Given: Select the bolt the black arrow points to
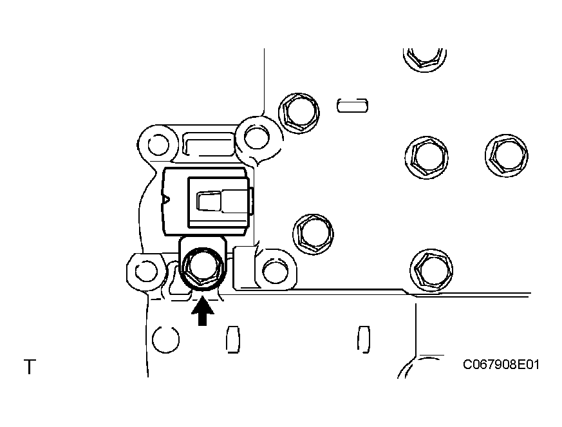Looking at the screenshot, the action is [203, 268].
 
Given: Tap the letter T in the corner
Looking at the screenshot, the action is [30, 366].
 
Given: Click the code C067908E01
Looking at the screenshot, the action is [501, 365].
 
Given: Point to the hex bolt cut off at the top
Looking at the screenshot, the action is [425, 57].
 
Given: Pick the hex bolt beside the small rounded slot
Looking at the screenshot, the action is [299, 113].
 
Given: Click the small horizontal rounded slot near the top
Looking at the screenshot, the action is [352, 105].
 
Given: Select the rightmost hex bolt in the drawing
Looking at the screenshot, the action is [507, 156].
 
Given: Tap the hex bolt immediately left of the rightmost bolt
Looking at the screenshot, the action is [427, 157].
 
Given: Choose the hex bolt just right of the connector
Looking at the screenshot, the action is [314, 234].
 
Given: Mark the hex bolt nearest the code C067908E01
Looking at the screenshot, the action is [431, 270].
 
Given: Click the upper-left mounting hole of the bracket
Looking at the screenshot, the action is [158, 144].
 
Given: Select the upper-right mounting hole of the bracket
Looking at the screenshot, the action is [257, 137].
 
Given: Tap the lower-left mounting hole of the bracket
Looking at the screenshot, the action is [146, 271].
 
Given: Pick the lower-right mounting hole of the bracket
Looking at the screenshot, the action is [276, 271].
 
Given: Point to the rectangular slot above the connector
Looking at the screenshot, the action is [209, 144].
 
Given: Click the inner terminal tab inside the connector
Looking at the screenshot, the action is [209, 201].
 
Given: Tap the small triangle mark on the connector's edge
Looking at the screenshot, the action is [166, 198].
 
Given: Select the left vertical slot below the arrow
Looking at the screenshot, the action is [232, 339].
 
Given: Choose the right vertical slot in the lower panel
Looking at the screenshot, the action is [364, 339].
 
